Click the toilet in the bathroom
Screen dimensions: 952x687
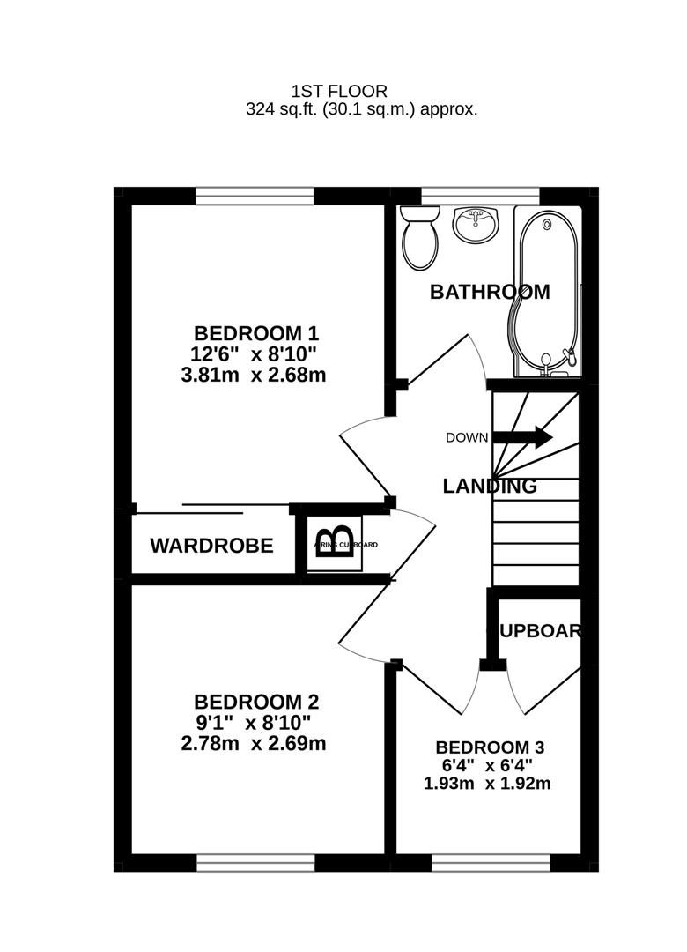pos(420,239)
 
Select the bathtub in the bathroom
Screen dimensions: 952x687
pos(546,286)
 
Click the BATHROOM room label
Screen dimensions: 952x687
pos(489,292)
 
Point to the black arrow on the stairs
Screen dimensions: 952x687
pos(522,436)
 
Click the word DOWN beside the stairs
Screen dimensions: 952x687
pos(467,437)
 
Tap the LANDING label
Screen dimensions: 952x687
pos(489,486)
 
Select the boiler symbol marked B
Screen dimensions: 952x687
pos(336,539)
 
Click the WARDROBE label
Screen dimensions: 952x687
pos(211,546)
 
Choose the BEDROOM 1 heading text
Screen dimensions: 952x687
pos(255,333)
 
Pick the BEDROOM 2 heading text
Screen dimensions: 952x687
pos(255,702)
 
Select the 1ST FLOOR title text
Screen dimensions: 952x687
pos(339,91)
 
